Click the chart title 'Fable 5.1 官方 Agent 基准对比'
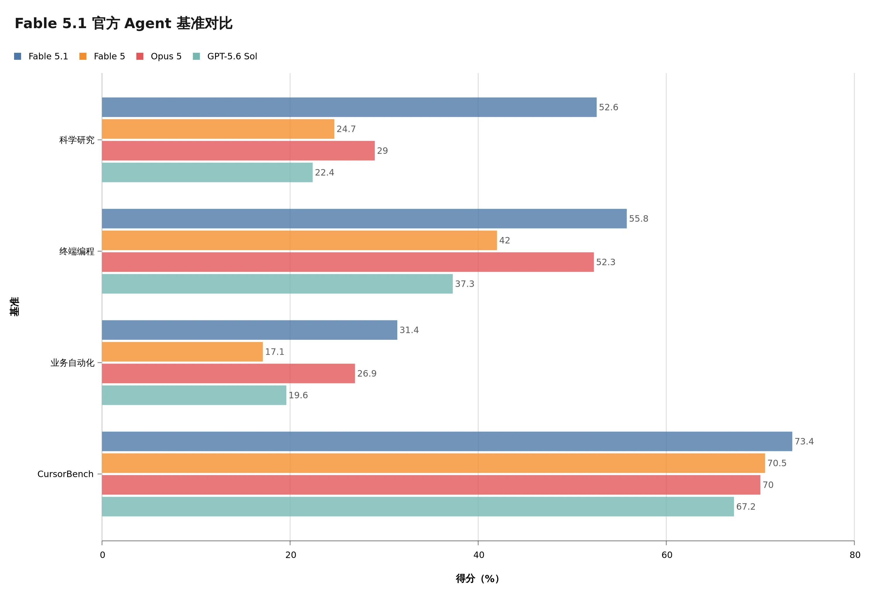point(123,23)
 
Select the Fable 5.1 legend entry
point(41,56)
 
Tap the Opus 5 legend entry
point(159,56)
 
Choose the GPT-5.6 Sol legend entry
point(225,56)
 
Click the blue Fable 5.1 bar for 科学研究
point(349,107)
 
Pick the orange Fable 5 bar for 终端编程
point(299,240)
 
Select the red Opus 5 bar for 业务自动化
point(229,373)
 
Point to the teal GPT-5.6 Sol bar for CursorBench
point(418,507)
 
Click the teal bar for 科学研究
point(207,173)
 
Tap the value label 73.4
point(804,441)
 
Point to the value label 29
point(382,151)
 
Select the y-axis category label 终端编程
point(77,251)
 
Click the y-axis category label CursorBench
point(65,474)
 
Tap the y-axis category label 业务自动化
point(72,363)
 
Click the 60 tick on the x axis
point(667,555)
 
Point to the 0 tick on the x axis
point(102,555)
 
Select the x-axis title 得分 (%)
point(478,578)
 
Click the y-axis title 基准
point(14,307)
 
